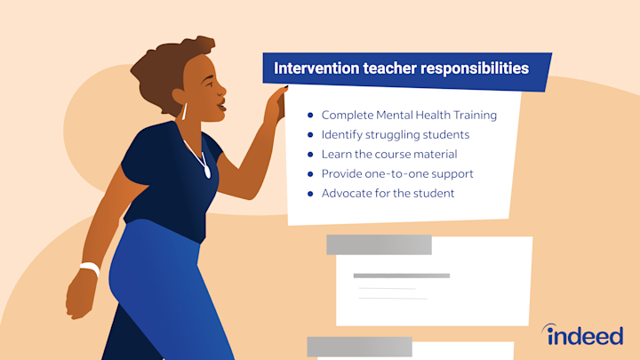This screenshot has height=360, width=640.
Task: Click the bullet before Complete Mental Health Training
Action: point(310,116)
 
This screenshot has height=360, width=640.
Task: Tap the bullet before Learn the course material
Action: point(310,155)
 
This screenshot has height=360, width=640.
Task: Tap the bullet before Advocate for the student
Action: point(310,193)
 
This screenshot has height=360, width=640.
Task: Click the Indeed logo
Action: point(585,335)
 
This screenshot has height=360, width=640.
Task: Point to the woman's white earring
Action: point(185,111)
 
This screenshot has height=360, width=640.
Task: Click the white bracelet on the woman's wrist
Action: point(89,268)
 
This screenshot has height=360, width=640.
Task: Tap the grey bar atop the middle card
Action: point(379,244)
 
